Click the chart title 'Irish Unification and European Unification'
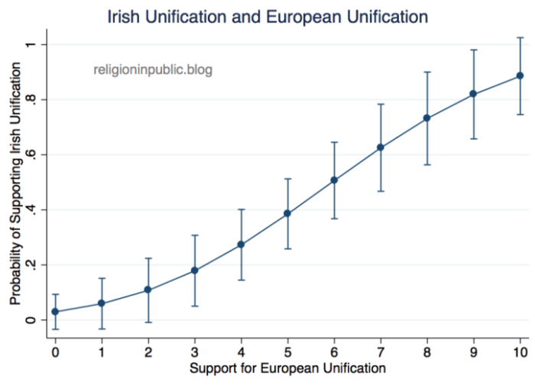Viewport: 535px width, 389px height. point(267,15)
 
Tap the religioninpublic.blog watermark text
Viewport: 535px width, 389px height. point(152,70)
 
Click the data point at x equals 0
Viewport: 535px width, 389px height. point(56,312)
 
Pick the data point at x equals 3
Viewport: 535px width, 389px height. point(195,271)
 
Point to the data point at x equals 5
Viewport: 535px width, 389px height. point(287,213)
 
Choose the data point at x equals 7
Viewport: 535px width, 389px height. point(381,147)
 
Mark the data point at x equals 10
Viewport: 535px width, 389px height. point(520,76)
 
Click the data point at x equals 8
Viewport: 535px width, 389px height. point(427,118)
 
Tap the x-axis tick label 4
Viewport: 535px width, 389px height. point(241,352)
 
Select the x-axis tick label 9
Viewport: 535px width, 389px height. point(473,352)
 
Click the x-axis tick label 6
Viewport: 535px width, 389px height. point(334,352)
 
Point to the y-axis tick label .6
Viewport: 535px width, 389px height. point(31,154)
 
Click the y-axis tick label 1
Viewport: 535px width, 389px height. point(31,44)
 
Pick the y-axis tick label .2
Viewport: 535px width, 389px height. point(31,264)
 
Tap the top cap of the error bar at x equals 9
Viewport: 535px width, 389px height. point(474,50)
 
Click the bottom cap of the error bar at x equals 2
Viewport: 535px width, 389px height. point(148,323)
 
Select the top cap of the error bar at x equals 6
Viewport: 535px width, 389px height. point(334,142)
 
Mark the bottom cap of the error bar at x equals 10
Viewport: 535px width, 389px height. point(520,115)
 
